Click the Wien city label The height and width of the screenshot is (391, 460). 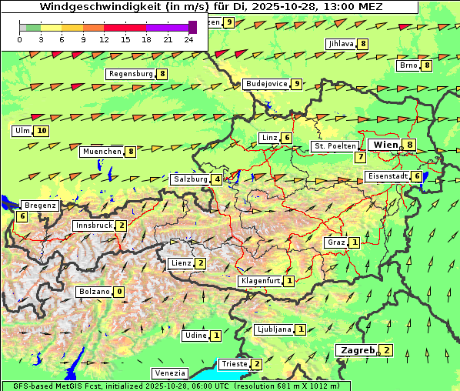point(386,145)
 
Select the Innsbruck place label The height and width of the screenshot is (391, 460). point(93,226)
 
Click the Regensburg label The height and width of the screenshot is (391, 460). point(131,74)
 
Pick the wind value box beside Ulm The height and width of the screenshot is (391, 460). point(42,131)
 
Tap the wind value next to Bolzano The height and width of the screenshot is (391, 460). point(118,292)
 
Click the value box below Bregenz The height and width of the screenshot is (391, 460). point(22,216)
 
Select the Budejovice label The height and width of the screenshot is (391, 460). point(266,84)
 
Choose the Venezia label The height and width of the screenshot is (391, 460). point(170,373)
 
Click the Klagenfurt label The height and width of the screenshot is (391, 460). point(259,281)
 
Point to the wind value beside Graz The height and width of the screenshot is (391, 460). point(354,242)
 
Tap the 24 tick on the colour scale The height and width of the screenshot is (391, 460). point(188,39)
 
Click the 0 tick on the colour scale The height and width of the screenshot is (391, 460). point(20,39)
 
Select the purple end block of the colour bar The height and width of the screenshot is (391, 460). point(192,27)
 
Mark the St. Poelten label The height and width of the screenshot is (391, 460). point(335,146)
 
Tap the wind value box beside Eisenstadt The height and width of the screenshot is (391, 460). point(417,176)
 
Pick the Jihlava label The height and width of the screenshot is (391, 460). point(340,44)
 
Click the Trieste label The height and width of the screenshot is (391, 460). point(233,364)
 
